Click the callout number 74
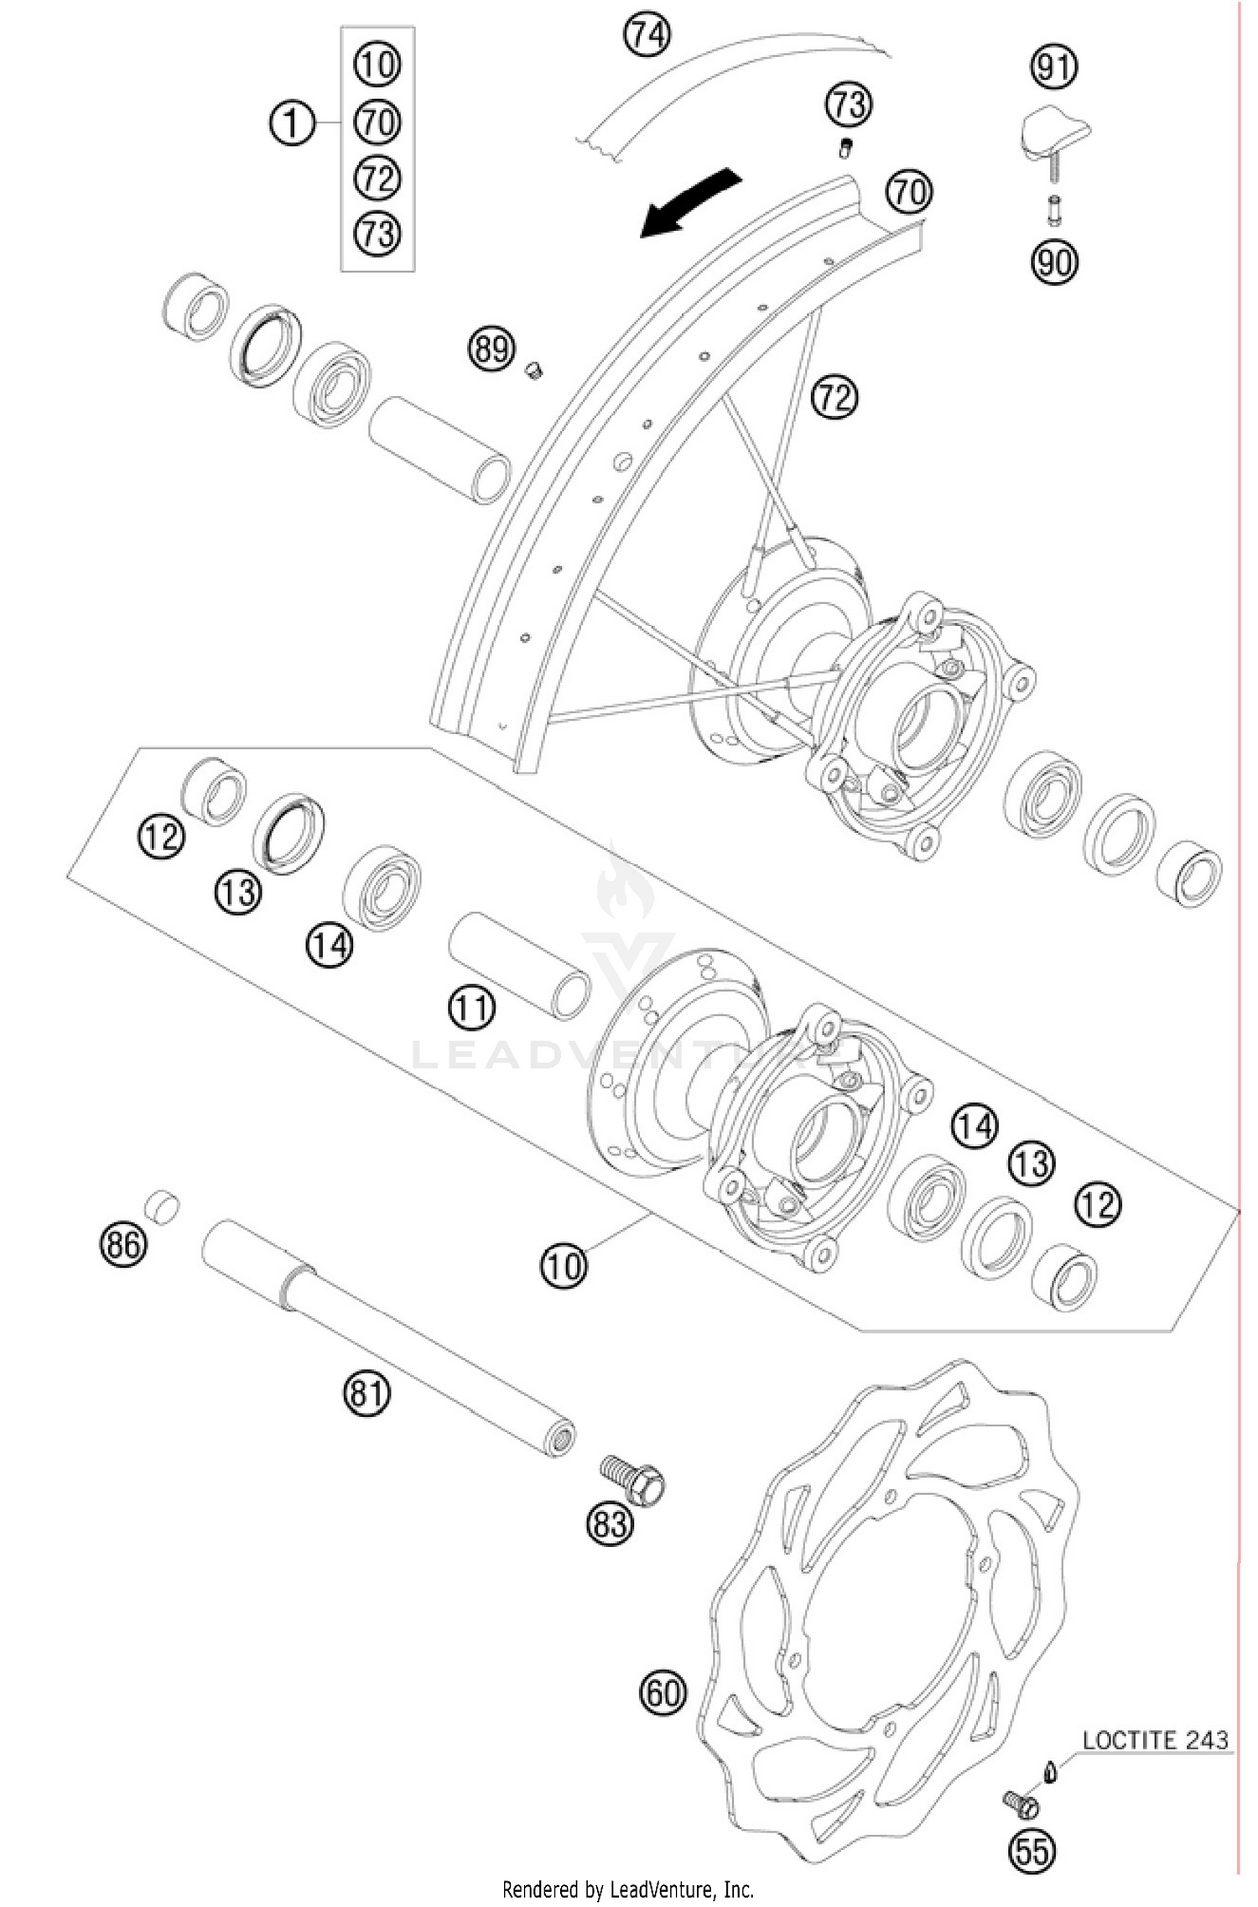click(647, 36)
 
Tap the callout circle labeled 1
click(291, 124)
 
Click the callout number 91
click(1054, 67)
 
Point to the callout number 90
click(1054, 263)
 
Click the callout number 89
click(491, 347)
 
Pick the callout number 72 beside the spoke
click(834, 396)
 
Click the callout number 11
click(471, 1008)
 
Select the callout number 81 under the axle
click(366, 1394)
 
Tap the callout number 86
click(122, 1243)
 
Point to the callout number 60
click(663, 1692)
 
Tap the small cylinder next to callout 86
click(163, 1205)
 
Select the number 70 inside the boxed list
click(377, 123)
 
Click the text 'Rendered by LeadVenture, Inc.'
click(627, 1889)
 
